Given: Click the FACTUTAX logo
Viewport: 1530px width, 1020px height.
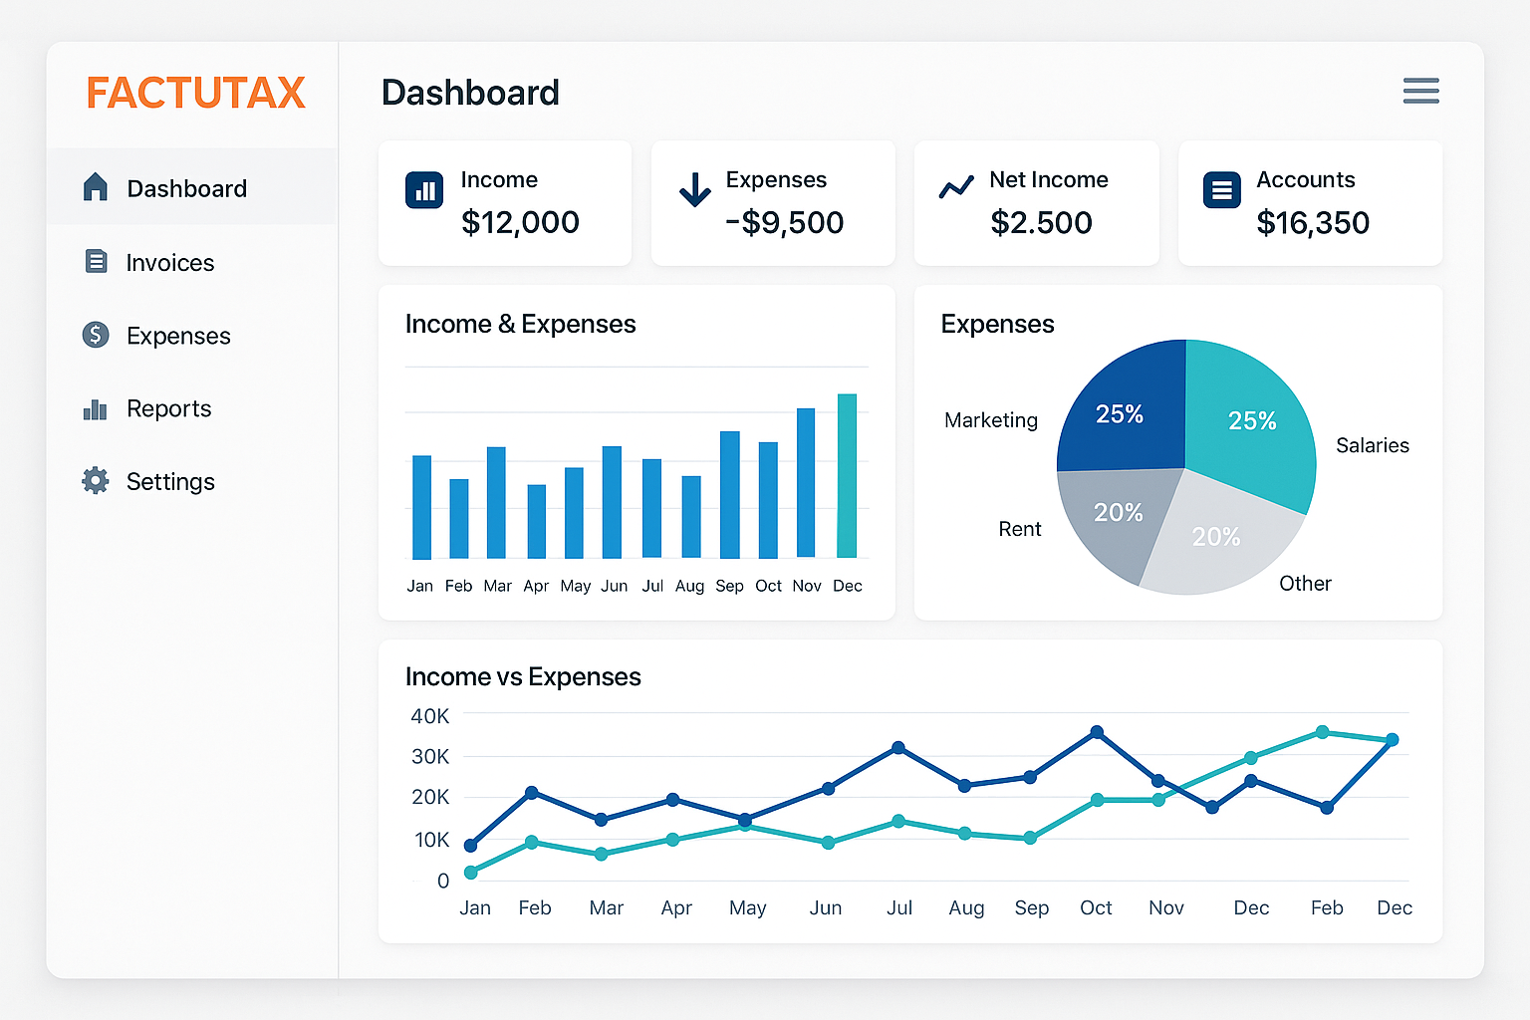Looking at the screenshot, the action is pyautogui.click(x=195, y=93).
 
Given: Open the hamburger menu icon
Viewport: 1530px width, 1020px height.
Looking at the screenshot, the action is pyautogui.click(x=1420, y=91).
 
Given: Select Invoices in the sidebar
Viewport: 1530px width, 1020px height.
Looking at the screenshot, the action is pyautogui.click(x=170, y=263).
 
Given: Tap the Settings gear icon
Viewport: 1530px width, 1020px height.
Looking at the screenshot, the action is pyautogui.click(x=96, y=481).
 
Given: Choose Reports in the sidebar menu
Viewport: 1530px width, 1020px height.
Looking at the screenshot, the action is pyautogui.click(x=168, y=408).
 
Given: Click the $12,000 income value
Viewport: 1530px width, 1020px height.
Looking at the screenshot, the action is pyautogui.click(x=520, y=223).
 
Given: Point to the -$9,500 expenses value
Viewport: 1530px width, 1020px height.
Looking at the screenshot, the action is pyautogui.click(x=784, y=223).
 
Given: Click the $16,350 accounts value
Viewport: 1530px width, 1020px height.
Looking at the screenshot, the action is pyautogui.click(x=1313, y=223).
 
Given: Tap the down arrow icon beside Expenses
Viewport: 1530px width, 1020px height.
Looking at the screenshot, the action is pyautogui.click(x=694, y=189).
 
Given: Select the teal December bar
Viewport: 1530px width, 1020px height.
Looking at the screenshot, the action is pyautogui.click(x=847, y=475).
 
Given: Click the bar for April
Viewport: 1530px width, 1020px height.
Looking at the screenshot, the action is pyautogui.click(x=537, y=521).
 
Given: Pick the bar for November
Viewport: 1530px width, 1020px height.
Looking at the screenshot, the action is pyautogui.click(x=806, y=483).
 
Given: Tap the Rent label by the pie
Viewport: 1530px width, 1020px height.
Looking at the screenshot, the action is pyautogui.click(x=1020, y=529).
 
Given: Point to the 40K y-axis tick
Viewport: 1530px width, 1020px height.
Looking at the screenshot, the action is pyautogui.click(x=430, y=716).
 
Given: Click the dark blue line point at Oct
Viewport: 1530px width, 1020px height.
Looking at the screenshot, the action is pyautogui.click(x=1097, y=732).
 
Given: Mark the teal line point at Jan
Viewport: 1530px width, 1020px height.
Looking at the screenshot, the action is pyautogui.click(x=470, y=873).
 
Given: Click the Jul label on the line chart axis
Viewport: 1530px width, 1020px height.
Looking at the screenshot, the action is pyautogui.click(x=898, y=908).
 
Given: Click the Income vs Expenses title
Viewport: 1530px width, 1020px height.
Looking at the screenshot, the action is pyautogui.click(x=523, y=677).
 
